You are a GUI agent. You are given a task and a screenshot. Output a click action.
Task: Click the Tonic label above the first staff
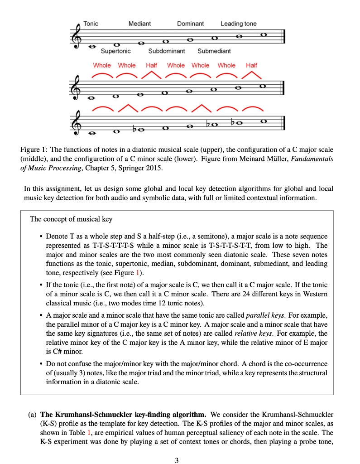point(91,24)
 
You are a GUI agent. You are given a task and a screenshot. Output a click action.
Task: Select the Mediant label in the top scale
point(139,24)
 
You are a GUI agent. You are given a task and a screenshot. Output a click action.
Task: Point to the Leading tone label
point(238,24)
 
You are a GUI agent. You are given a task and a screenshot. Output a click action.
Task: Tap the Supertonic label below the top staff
point(115,51)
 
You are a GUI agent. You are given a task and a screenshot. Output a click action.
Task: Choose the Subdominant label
point(167,51)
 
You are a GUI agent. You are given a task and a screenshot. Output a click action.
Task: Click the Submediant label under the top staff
point(214,51)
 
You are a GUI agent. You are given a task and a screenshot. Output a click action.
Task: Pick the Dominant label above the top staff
point(190,24)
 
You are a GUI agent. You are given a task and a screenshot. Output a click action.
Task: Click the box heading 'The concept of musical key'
point(71,219)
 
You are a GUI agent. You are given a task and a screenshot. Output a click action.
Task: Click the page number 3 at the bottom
point(177,460)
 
